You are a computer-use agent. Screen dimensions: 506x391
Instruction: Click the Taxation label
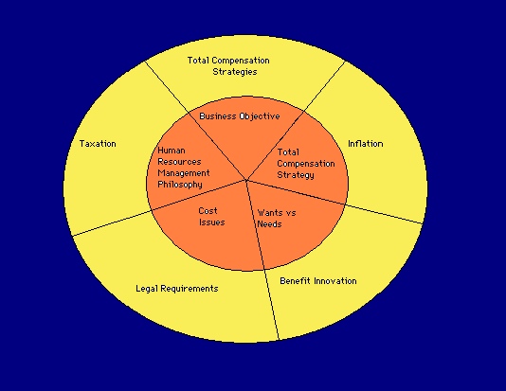click(x=98, y=144)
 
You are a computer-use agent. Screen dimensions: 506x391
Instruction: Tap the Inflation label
click(x=366, y=144)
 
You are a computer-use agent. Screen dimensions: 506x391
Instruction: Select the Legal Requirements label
click(x=177, y=289)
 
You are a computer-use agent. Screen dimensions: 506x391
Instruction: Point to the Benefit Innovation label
click(x=318, y=281)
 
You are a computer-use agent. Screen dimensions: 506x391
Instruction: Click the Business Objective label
click(x=240, y=116)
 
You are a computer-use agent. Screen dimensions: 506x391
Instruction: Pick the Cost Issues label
click(x=211, y=217)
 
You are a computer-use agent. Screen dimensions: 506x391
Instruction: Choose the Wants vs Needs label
click(x=277, y=219)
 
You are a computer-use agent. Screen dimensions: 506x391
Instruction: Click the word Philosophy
click(x=180, y=185)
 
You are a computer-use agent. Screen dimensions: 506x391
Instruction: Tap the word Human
click(x=172, y=151)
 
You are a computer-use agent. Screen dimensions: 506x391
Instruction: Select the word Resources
click(x=179, y=162)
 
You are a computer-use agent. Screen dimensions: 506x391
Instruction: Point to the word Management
click(x=184, y=173)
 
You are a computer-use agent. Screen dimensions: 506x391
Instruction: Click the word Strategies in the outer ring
click(x=235, y=72)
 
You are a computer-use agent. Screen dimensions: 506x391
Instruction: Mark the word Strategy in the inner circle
click(x=296, y=175)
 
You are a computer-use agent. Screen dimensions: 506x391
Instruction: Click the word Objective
click(x=260, y=116)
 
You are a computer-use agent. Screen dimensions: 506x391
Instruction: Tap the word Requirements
click(x=190, y=289)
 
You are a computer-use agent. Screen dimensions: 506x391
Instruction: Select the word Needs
click(x=269, y=224)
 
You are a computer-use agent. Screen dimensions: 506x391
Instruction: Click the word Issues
click(x=212, y=222)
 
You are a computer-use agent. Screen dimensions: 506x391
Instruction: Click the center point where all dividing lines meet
click(x=246, y=180)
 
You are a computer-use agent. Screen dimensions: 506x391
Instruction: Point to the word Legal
click(x=147, y=289)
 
